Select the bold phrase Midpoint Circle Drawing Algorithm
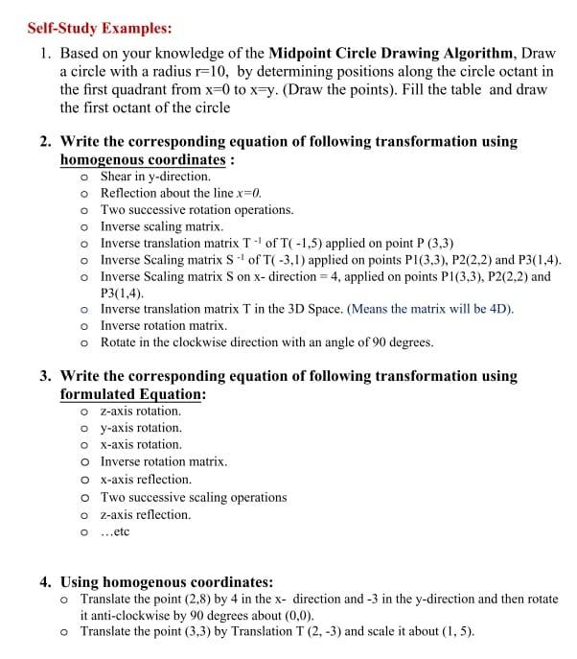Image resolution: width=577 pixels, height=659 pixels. [394, 53]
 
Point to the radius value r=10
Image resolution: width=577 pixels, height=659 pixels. [203, 71]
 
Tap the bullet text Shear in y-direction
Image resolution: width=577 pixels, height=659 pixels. [155, 177]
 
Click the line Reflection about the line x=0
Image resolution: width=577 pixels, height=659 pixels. [181, 193]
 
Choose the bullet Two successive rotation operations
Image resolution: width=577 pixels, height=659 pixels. [196, 209]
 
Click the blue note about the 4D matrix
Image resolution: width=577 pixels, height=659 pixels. [430, 309]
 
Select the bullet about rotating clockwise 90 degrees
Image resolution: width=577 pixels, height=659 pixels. [266, 341]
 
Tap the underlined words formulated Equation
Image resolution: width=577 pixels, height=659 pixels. [132, 394]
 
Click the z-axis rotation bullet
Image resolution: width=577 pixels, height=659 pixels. [140, 411]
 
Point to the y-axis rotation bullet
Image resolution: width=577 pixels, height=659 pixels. [141, 428]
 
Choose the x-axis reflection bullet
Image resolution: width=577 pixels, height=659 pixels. [146, 479]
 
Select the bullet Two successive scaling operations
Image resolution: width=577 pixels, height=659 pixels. [194, 497]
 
